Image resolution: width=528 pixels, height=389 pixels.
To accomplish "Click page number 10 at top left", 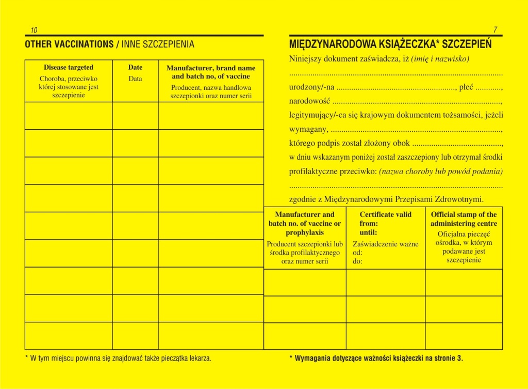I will [x=34, y=30].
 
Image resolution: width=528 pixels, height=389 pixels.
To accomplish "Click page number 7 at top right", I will [x=494, y=30].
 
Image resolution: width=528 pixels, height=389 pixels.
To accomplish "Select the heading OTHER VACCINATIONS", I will [x=69, y=44].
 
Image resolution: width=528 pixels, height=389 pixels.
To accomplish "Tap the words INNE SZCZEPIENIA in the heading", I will [x=158, y=44].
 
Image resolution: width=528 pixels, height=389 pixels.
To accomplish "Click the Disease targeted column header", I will [x=69, y=67].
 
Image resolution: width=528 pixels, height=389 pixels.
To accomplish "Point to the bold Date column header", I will [x=135, y=67].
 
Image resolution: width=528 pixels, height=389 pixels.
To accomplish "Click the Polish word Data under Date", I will [x=135, y=79].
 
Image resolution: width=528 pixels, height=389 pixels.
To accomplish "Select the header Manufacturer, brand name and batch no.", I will [x=211, y=72].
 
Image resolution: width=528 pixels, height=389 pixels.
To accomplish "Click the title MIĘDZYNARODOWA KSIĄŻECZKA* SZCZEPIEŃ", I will [x=390, y=44].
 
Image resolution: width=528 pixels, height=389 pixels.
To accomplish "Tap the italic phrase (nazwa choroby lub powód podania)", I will [x=441, y=171].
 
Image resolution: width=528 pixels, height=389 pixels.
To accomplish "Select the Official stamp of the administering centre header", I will [x=464, y=219].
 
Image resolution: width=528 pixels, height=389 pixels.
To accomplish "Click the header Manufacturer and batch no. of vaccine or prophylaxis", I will [x=305, y=223].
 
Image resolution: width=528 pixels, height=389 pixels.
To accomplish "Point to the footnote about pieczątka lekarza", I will [x=118, y=358].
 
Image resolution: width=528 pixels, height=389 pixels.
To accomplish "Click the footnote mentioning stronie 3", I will [x=376, y=358].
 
